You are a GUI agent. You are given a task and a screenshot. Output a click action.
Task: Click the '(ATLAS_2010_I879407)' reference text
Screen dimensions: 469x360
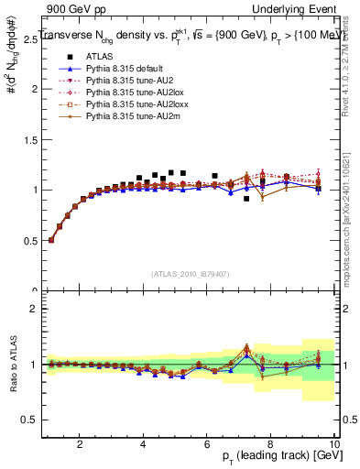click(x=191, y=273)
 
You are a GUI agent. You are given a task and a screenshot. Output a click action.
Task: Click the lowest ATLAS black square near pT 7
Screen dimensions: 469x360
click(x=246, y=198)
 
